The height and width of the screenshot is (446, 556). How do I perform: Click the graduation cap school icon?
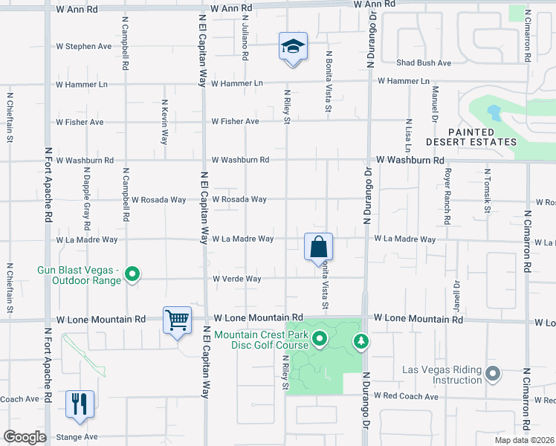(293, 46)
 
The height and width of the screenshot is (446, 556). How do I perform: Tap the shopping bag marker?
(318, 247)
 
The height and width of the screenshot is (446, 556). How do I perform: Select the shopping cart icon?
(178, 320)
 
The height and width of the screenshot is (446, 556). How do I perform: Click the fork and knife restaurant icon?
(80, 404)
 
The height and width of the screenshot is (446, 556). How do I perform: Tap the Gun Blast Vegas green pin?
(132, 275)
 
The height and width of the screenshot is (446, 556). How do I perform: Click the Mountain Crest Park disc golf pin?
(320, 340)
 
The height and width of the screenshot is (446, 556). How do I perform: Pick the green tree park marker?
(361, 341)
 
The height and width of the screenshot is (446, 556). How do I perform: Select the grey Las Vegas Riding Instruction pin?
(492, 374)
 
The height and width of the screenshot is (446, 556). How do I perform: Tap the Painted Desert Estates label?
(471, 137)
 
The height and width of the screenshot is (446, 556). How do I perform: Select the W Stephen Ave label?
(84, 46)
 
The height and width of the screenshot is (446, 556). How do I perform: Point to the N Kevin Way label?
(165, 122)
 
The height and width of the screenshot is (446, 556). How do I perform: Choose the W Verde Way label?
(237, 279)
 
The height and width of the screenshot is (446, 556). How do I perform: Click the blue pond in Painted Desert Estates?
(494, 113)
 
